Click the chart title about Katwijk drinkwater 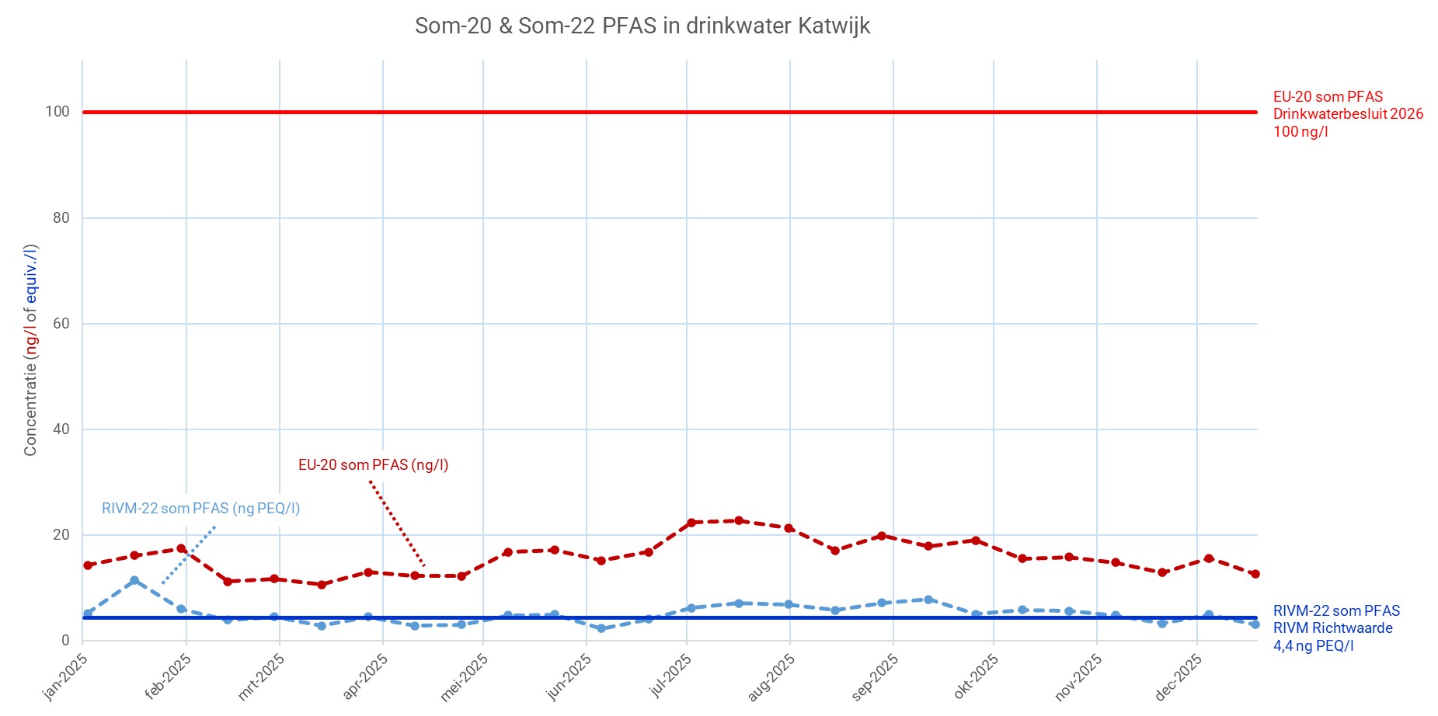[642, 26]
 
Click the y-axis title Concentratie [30, 350]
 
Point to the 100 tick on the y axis [57, 112]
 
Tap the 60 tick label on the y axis [61, 324]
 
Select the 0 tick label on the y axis [65, 641]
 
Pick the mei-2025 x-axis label [465, 676]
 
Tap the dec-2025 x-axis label [1179, 676]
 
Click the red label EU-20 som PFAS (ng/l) [373, 465]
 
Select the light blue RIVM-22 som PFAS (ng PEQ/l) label [200, 509]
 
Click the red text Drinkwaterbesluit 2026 [1348, 114]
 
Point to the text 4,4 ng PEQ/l [1313, 646]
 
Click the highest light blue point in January [134, 580]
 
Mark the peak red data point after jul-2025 [739, 520]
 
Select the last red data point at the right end [1255, 574]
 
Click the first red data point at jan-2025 [88, 565]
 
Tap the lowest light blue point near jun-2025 [601, 628]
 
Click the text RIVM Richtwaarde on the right [1332, 628]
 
